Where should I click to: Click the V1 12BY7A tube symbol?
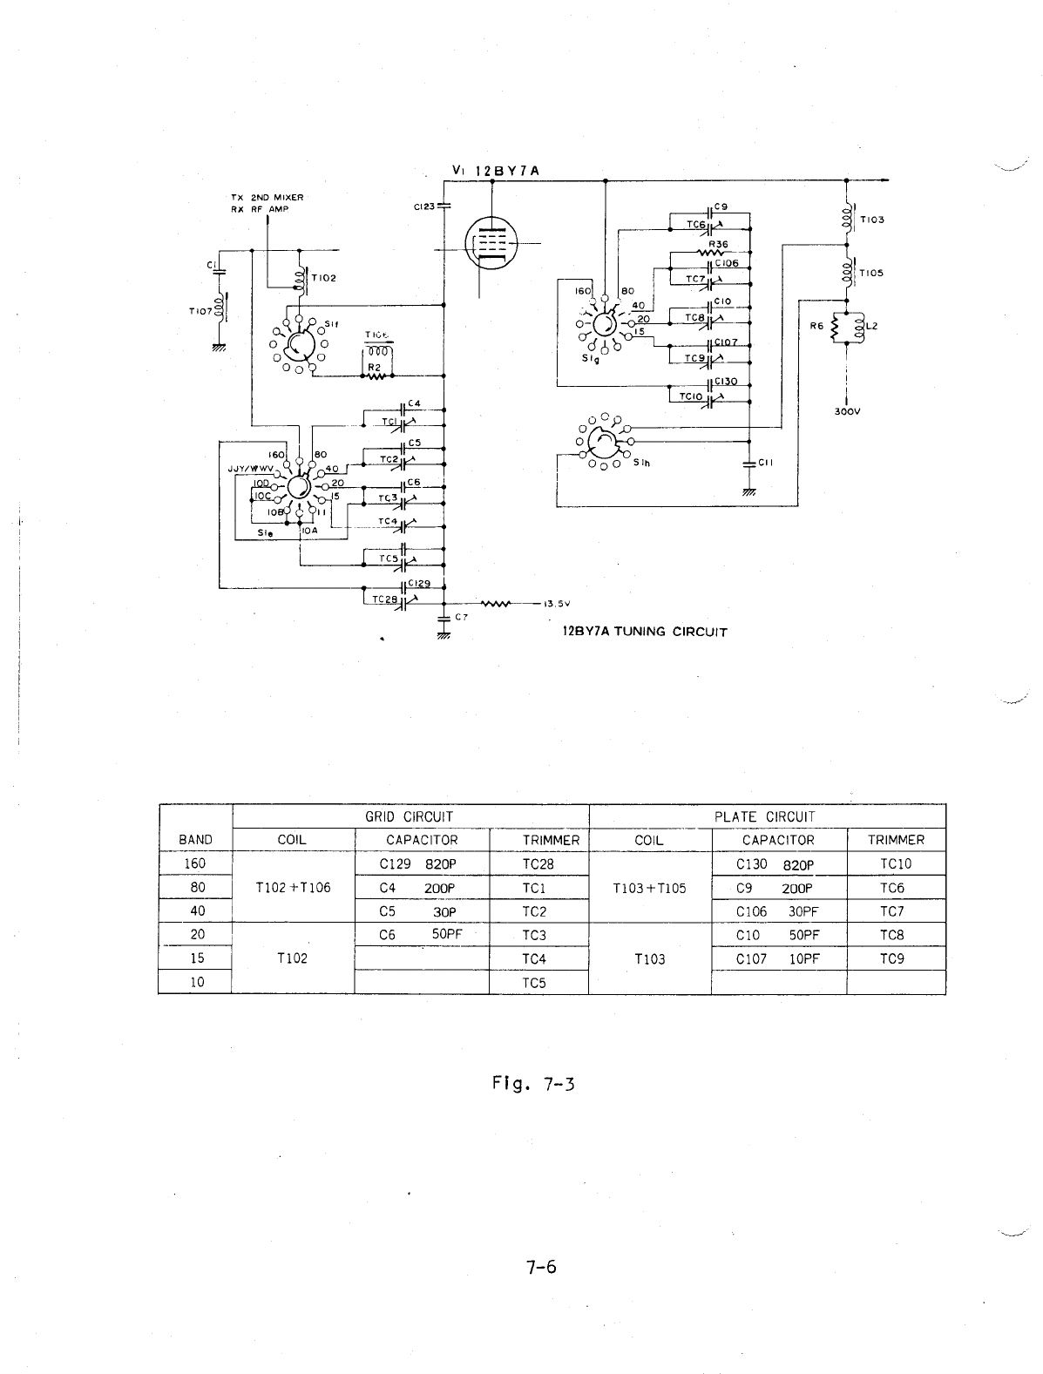coord(491,241)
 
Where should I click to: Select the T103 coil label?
coord(871,220)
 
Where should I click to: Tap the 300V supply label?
coord(846,413)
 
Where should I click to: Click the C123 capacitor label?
coord(424,207)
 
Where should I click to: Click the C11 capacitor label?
coord(766,463)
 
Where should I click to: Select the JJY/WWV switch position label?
coord(246,468)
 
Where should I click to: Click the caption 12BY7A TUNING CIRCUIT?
coord(646,632)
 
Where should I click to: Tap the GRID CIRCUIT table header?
coord(410,816)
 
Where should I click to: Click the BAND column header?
coord(195,840)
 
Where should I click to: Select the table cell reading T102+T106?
coord(293,888)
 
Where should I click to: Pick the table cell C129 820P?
coord(420,864)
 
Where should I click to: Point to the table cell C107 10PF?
coord(778,958)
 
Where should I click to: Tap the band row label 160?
coord(195,863)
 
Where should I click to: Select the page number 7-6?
coord(540,1267)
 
